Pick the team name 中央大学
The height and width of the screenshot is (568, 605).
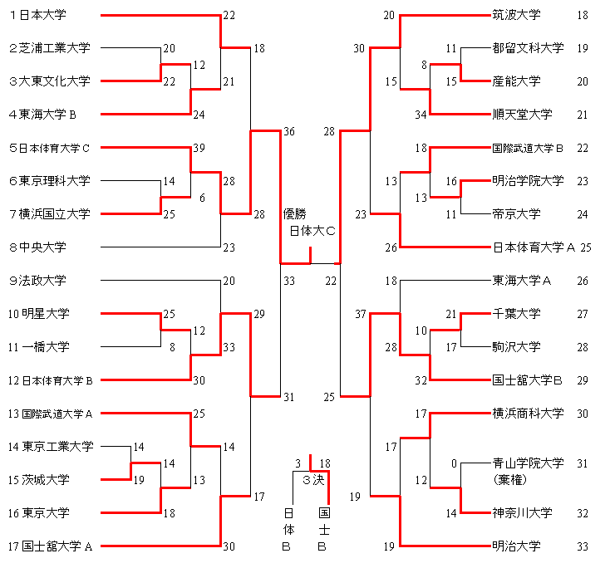(x=43, y=247)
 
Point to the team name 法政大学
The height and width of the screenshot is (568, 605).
(x=43, y=281)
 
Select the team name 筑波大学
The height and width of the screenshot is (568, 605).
(x=516, y=15)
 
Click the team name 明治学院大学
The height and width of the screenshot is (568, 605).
(x=527, y=181)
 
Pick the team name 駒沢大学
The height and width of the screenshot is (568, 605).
(x=516, y=347)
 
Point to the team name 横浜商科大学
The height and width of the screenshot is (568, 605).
(x=527, y=414)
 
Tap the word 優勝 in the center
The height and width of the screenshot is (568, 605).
(x=295, y=214)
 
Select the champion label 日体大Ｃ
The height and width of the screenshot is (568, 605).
(x=312, y=231)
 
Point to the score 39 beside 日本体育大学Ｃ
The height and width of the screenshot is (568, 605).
(x=198, y=148)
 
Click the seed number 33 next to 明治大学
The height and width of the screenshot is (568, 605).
(x=583, y=546)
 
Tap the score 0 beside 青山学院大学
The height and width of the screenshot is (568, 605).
(x=454, y=463)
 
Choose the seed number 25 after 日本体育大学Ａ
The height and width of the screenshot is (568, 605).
(x=585, y=247)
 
